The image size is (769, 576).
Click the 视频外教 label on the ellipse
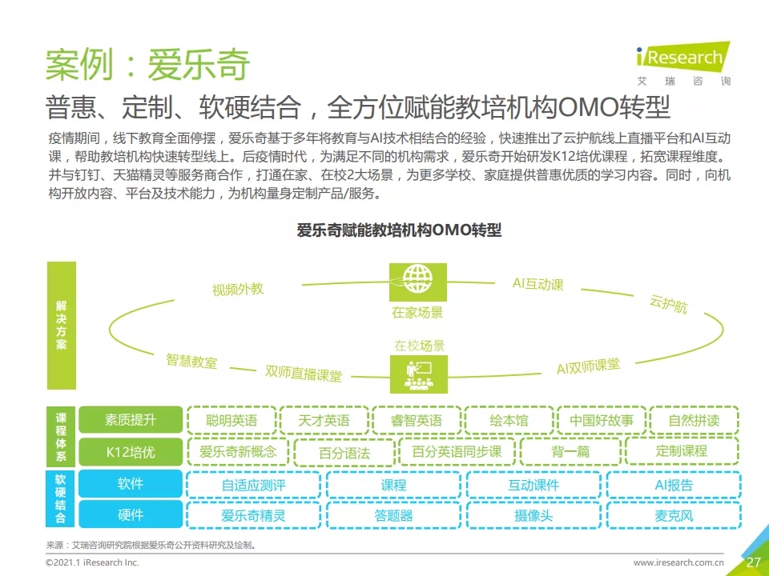click(238, 289)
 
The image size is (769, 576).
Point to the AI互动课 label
click(537, 284)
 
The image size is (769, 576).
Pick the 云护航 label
click(668, 304)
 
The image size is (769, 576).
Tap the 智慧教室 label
click(191, 361)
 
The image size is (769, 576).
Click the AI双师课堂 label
click(588, 366)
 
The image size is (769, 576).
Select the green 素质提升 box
click(131, 420)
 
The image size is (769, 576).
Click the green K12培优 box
click(131, 452)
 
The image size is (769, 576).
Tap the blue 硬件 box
click(131, 515)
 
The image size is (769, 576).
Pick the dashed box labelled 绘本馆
click(509, 420)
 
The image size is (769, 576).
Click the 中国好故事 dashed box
click(601, 420)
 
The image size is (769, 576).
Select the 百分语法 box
click(344, 453)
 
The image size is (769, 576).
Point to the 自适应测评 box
click(253, 485)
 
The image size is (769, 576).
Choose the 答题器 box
click(393, 515)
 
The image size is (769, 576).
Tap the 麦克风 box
click(673, 515)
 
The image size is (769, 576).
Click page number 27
click(753, 562)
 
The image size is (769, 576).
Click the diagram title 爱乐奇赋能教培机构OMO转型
click(399, 230)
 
